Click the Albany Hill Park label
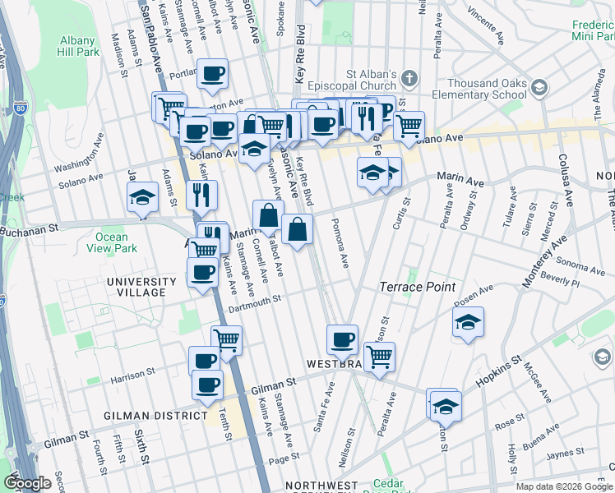click(80, 46)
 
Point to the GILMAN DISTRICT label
click(155, 416)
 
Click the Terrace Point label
click(411, 287)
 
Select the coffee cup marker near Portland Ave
click(213, 74)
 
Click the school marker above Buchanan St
click(142, 198)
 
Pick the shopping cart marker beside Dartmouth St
click(226, 339)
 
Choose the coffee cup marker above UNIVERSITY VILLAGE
click(201, 271)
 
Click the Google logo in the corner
click(29, 483)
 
